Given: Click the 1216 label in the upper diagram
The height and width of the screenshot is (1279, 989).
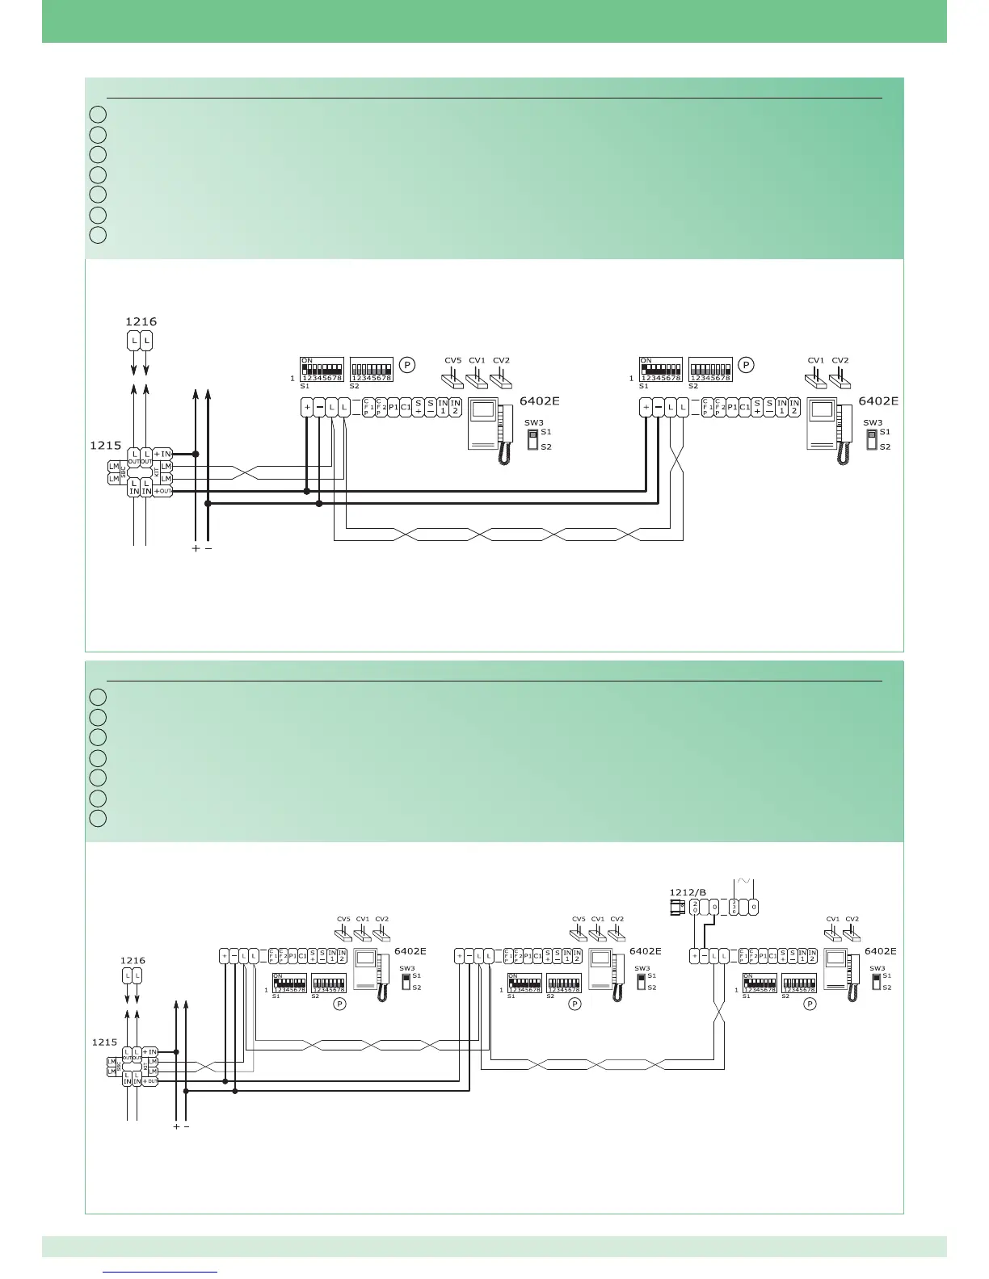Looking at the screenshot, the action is point(141,321).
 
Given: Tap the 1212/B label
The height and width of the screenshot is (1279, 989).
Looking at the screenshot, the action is point(688,892).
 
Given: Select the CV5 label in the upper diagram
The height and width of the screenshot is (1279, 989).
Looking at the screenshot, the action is point(453,361).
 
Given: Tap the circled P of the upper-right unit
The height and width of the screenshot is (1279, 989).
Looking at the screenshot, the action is point(747,365).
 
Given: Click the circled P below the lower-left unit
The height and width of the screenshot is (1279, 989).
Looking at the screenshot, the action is point(340,1004).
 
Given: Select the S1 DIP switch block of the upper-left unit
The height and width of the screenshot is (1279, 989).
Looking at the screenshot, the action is point(322,370).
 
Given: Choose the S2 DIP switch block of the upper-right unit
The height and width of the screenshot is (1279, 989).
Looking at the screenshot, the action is point(710,370).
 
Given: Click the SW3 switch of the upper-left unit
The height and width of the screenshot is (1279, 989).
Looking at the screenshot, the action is point(532,438).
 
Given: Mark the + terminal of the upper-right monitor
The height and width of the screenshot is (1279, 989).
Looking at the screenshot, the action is point(646,408).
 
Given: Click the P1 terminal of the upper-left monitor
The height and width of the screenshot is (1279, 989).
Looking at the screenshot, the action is point(393,408).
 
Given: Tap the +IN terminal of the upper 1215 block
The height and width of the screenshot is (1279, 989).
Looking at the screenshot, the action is point(162,454).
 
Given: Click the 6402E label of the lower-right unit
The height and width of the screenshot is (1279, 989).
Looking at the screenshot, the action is point(881,951).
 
